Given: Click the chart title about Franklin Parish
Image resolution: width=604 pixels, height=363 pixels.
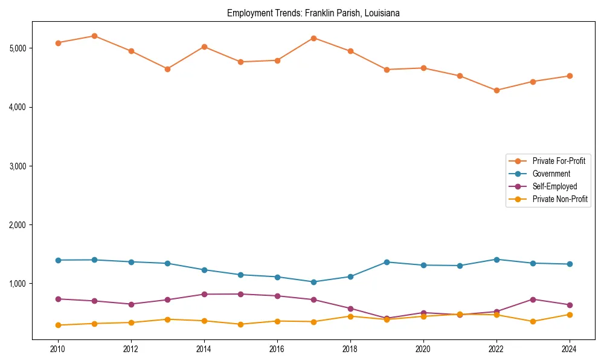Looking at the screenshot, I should (x=313, y=13).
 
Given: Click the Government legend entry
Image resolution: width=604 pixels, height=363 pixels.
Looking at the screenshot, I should (x=551, y=174).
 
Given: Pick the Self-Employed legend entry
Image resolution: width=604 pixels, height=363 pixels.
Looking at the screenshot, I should (x=554, y=186).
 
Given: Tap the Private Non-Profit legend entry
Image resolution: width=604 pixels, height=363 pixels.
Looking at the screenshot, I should (x=560, y=199).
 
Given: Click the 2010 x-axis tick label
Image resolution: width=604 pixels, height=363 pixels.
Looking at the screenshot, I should (x=58, y=349).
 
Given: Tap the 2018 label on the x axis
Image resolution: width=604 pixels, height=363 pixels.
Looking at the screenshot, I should (x=350, y=349).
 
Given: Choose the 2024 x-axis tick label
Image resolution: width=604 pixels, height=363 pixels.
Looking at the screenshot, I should (x=569, y=349).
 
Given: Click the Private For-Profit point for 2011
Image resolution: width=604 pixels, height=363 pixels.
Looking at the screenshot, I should (x=94, y=36).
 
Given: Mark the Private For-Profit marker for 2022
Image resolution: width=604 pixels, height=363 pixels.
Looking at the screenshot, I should (x=496, y=90).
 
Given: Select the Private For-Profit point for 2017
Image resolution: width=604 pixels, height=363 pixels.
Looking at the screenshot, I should (x=313, y=38).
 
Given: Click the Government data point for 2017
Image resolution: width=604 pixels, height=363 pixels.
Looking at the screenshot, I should (x=313, y=282).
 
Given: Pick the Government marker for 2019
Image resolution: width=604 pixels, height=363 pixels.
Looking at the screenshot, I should (x=387, y=262).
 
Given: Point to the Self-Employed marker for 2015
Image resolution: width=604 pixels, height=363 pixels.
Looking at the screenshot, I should (x=240, y=294).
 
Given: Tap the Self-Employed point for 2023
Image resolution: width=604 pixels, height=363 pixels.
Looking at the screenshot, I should (x=533, y=299).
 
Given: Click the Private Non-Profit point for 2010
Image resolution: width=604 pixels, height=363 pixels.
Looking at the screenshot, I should (x=58, y=325).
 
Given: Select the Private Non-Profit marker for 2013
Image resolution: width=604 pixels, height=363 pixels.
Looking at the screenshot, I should (x=167, y=319).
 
